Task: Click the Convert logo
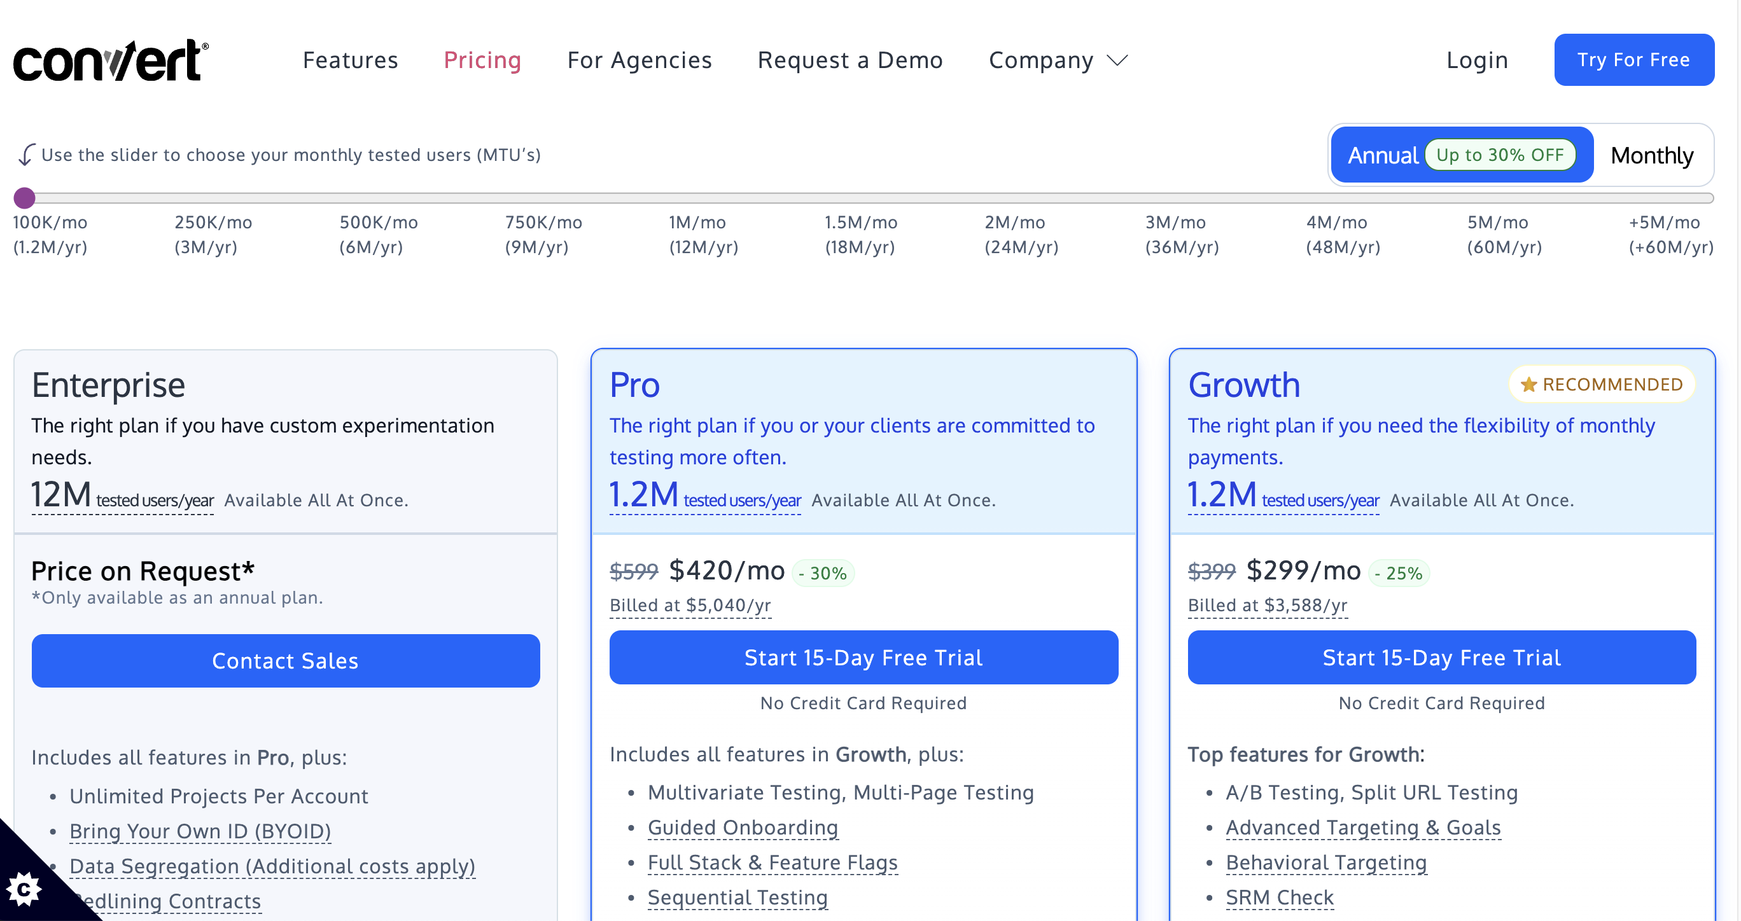111,61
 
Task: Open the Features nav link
350,61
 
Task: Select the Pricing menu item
482,61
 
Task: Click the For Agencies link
639,61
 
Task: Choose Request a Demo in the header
850,61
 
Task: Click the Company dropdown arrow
1117,62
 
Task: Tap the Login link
1477,61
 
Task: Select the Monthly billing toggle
1651,155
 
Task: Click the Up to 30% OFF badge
1499,155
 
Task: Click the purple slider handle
25,198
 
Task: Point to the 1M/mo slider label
697,223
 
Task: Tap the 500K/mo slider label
379,223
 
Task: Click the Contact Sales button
285,660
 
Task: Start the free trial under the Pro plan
863,658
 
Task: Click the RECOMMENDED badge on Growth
1601,384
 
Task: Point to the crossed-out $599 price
633,572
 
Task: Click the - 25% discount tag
1399,573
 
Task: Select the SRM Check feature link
1279,897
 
